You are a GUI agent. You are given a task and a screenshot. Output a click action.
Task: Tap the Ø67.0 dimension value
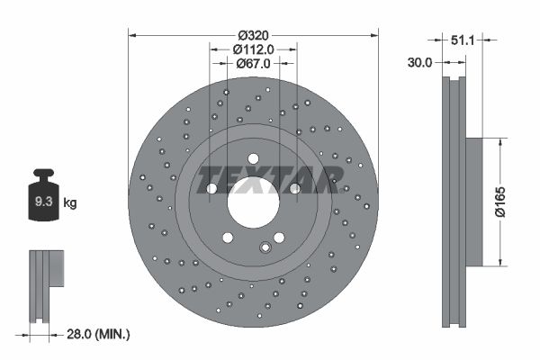click(x=253, y=64)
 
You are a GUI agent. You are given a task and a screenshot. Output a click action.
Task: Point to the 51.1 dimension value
click(x=461, y=40)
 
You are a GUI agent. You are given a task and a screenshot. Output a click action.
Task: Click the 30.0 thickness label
click(x=419, y=63)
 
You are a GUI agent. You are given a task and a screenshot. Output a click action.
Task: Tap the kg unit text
click(x=70, y=203)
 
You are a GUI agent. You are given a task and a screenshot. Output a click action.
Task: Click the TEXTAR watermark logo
click(x=268, y=178)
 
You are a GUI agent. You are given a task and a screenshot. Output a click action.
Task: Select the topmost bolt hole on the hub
click(x=253, y=159)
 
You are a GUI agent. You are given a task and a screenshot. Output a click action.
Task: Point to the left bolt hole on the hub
click(x=211, y=189)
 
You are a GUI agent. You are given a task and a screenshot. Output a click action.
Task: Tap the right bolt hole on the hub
click(x=294, y=189)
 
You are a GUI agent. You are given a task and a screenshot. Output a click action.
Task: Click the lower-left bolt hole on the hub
click(x=228, y=238)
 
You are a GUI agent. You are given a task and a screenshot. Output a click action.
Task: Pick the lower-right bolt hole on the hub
click(x=278, y=238)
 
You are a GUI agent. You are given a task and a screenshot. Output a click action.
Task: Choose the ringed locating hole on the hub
click(x=265, y=247)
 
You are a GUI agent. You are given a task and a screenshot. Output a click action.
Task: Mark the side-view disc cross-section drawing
click(x=454, y=202)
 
